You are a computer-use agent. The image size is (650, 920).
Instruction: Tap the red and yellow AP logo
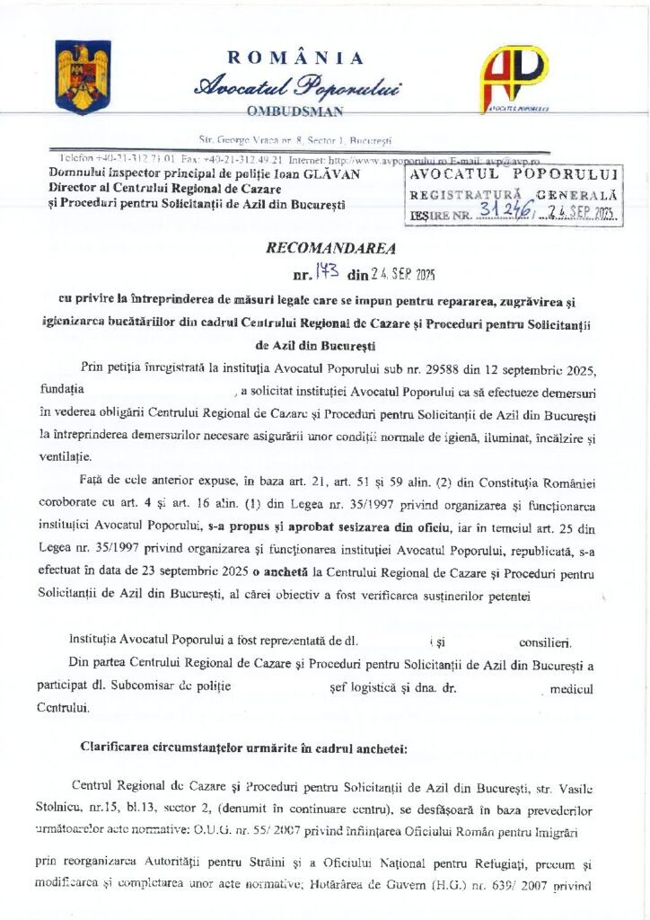click(514, 78)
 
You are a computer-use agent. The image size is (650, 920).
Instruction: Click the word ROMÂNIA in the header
click(296, 58)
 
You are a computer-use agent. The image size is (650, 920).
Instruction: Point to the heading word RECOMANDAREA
click(329, 247)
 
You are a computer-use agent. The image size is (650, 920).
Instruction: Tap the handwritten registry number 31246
click(506, 210)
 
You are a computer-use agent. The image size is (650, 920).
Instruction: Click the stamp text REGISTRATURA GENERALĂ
click(514, 194)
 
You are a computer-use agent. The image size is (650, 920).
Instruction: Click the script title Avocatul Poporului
click(298, 86)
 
